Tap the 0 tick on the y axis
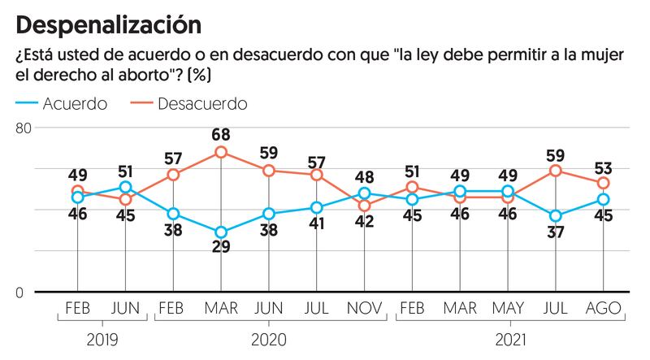tap(28, 293)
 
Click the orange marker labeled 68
tap(221, 152)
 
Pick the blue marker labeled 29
tap(221, 232)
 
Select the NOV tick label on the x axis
tap(365, 310)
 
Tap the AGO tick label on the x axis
tap(604, 310)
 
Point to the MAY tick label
tap(508, 310)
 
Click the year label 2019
tap(102, 339)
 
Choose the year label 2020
tap(268, 339)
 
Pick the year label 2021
tap(508, 339)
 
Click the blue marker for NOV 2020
tap(365, 193)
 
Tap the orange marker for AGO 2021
tap(604, 184)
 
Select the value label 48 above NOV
tap(365, 176)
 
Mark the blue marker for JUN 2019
tap(126, 188)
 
